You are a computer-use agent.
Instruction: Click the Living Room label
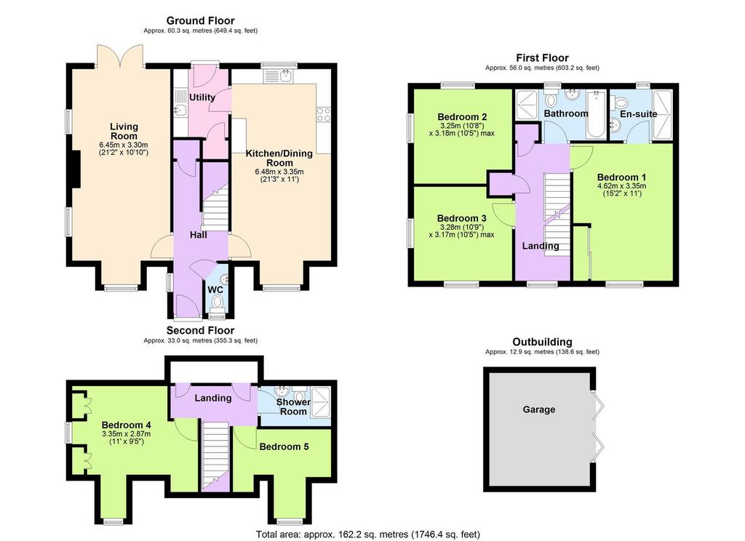(124, 131)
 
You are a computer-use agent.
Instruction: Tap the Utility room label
(202, 97)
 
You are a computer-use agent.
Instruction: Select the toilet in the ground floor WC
(217, 301)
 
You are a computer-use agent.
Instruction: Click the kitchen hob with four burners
(324, 114)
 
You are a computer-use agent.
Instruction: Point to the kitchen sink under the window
(279, 76)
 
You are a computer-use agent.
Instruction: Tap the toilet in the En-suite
(621, 102)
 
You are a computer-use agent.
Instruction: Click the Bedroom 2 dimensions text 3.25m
(450, 126)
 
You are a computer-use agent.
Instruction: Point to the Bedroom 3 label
(462, 218)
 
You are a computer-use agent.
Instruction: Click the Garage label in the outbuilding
(539, 409)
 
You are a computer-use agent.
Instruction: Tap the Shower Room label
(293, 406)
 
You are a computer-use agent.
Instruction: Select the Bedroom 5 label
(284, 446)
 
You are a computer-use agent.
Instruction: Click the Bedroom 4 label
(127, 425)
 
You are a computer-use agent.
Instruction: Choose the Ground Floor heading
(201, 20)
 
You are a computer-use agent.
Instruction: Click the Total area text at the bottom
(367, 534)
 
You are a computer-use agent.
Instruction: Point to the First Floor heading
(543, 57)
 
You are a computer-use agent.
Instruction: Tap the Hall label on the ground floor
(198, 235)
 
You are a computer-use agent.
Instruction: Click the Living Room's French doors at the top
(120, 55)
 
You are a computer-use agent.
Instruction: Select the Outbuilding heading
(542, 342)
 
